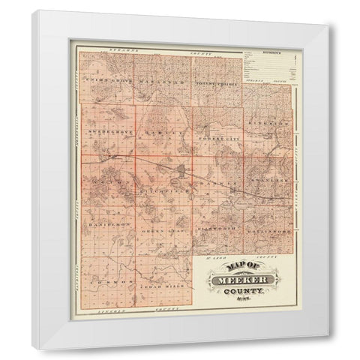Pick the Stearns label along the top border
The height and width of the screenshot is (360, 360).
[x=120, y=51]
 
